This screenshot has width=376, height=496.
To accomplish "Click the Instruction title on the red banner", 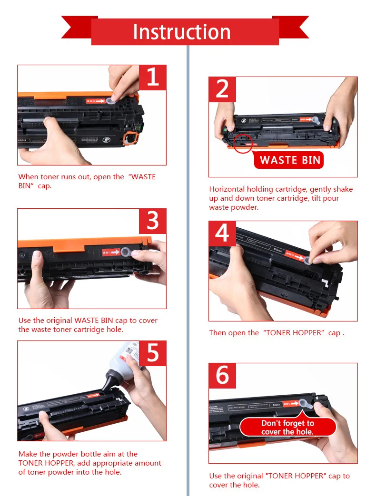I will [181, 32].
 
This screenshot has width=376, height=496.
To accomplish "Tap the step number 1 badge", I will [152, 78].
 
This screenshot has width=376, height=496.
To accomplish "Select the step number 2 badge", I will [222, 89].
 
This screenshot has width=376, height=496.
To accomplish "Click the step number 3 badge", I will [152, 221].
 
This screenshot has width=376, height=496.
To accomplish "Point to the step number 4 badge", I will [222, 233].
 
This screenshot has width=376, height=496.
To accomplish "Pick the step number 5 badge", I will [152, 353].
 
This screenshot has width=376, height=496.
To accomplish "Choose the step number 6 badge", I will [222, 376].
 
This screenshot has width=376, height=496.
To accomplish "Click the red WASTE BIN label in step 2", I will [290, 160].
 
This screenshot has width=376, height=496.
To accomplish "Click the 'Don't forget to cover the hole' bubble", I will [287, 428].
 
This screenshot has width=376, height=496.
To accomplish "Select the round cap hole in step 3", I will [126, 252].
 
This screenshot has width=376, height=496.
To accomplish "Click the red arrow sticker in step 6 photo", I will [290, 404].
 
